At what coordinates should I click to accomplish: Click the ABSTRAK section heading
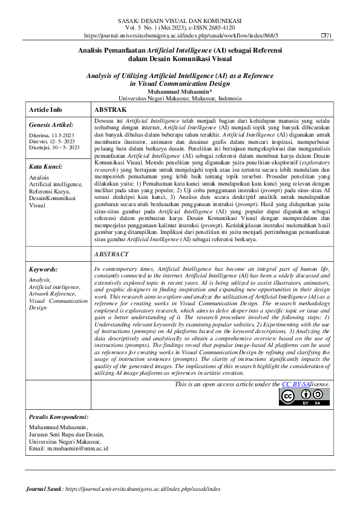(x=110, y=110)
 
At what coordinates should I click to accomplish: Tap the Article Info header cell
(x=45, y=110)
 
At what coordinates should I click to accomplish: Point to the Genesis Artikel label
(x=51, y=125)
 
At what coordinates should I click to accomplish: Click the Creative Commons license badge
(x=304, y=397)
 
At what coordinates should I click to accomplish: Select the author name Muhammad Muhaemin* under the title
(x=180, y=91)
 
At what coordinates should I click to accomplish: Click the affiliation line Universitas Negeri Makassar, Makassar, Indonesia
(x=180, y=98)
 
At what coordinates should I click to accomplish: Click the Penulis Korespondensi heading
(x=59, y=417)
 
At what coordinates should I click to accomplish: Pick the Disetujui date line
(x=54, y=148)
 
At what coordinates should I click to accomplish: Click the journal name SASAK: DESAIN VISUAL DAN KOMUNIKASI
(x=180, y=21)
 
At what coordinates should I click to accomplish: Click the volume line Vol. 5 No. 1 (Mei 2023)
(x=180, y=28)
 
